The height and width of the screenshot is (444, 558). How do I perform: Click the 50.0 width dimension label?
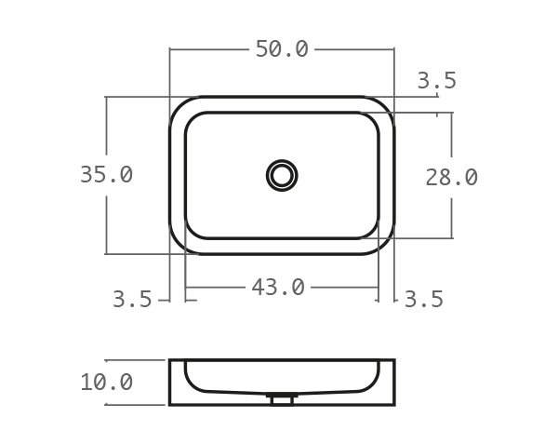[x=281, y=49]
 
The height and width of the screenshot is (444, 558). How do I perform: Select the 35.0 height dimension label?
[x=106, y=175]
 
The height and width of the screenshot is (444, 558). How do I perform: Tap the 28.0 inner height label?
[x=451, y=177]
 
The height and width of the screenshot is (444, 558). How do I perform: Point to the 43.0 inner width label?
[x=278, y=288]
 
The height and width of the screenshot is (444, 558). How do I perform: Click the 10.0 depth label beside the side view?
[x=106, y=383]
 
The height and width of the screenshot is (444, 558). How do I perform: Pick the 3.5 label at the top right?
[x=436, y=81]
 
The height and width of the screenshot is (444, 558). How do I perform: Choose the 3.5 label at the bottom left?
[x=132, y=300]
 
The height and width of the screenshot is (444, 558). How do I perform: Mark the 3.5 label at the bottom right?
[x=423, y=300]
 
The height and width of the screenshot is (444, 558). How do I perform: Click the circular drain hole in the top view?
[x=281, y=174]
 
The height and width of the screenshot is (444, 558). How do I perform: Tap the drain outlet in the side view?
[x=281, y=400]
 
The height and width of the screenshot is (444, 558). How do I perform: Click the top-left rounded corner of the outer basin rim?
[x=179, y=105]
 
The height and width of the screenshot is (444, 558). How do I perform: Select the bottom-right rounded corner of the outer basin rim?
[x=384, y=245]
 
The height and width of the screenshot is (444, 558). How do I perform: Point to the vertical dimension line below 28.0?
[x=452, y=215]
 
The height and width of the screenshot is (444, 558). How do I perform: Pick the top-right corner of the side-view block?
[x=393, y=361]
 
